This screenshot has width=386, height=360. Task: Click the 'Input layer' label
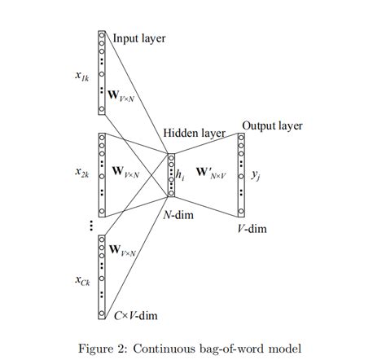137,37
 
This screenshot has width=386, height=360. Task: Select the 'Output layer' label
272,125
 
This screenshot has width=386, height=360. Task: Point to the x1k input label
81,77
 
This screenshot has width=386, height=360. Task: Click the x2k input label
81,172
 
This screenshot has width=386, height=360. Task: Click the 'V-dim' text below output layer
252,229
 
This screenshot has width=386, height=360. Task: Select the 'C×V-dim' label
135,313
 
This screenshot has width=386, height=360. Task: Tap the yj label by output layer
256,173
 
